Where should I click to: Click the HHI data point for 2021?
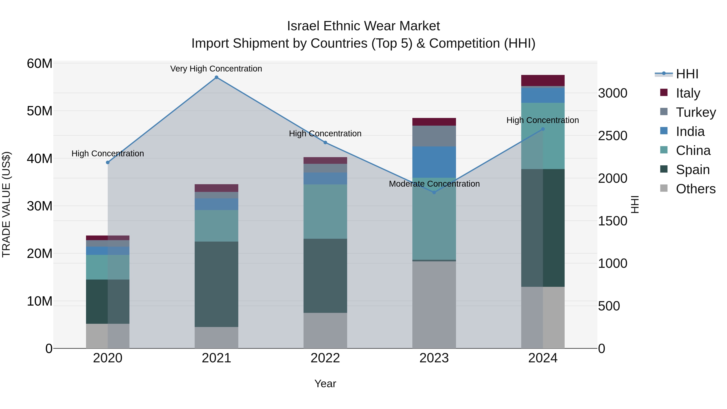216,77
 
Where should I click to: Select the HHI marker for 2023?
434,192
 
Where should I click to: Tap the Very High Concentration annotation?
216,69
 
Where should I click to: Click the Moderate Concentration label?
434,184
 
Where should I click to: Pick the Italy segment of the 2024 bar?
543,80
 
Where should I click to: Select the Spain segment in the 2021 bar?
216,284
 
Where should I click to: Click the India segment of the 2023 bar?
434,162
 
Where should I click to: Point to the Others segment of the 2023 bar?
434,305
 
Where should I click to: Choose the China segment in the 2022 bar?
325,211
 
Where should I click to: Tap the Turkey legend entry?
696,112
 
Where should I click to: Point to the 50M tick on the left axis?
40,111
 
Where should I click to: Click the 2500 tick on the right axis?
612,136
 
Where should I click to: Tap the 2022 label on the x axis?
325,358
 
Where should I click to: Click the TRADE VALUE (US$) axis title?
6,205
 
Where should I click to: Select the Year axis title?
325,384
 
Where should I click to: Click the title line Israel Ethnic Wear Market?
363,26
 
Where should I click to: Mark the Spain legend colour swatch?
664,169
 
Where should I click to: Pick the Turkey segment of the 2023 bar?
434,136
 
